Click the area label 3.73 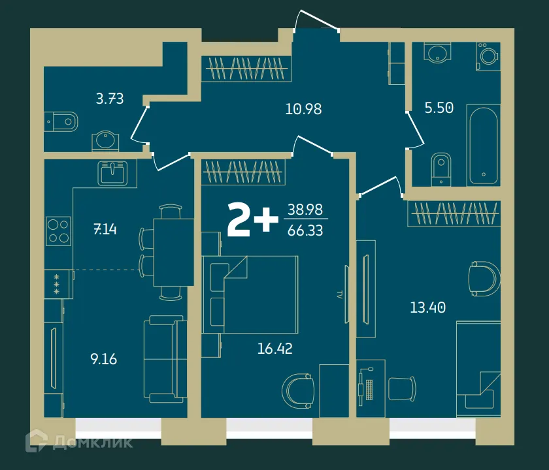pyautogui.click(x=110, y=99)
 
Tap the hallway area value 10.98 pyautogui.click(x=303, y=109)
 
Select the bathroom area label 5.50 pyautogui.click(x=439, y=108)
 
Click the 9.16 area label pyautogui.click(x=103, y=358)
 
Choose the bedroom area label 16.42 pyautogui.click(x=274, y=348)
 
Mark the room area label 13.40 pyautogui.click(x=428, y=307)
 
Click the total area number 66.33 pyautogui.click(x=305, y=230)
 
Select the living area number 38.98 pyautogui.click(x=305, y=210)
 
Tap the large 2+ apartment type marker pyautogui.click(x=252, y=220)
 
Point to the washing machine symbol pyautogui.click(x=488, y=55)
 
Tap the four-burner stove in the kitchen pyautogui.click(x=58, y=230)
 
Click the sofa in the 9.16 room pyautogui.click(x=163, y=359)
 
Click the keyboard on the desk pyautogui.click(x=371, y=389)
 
